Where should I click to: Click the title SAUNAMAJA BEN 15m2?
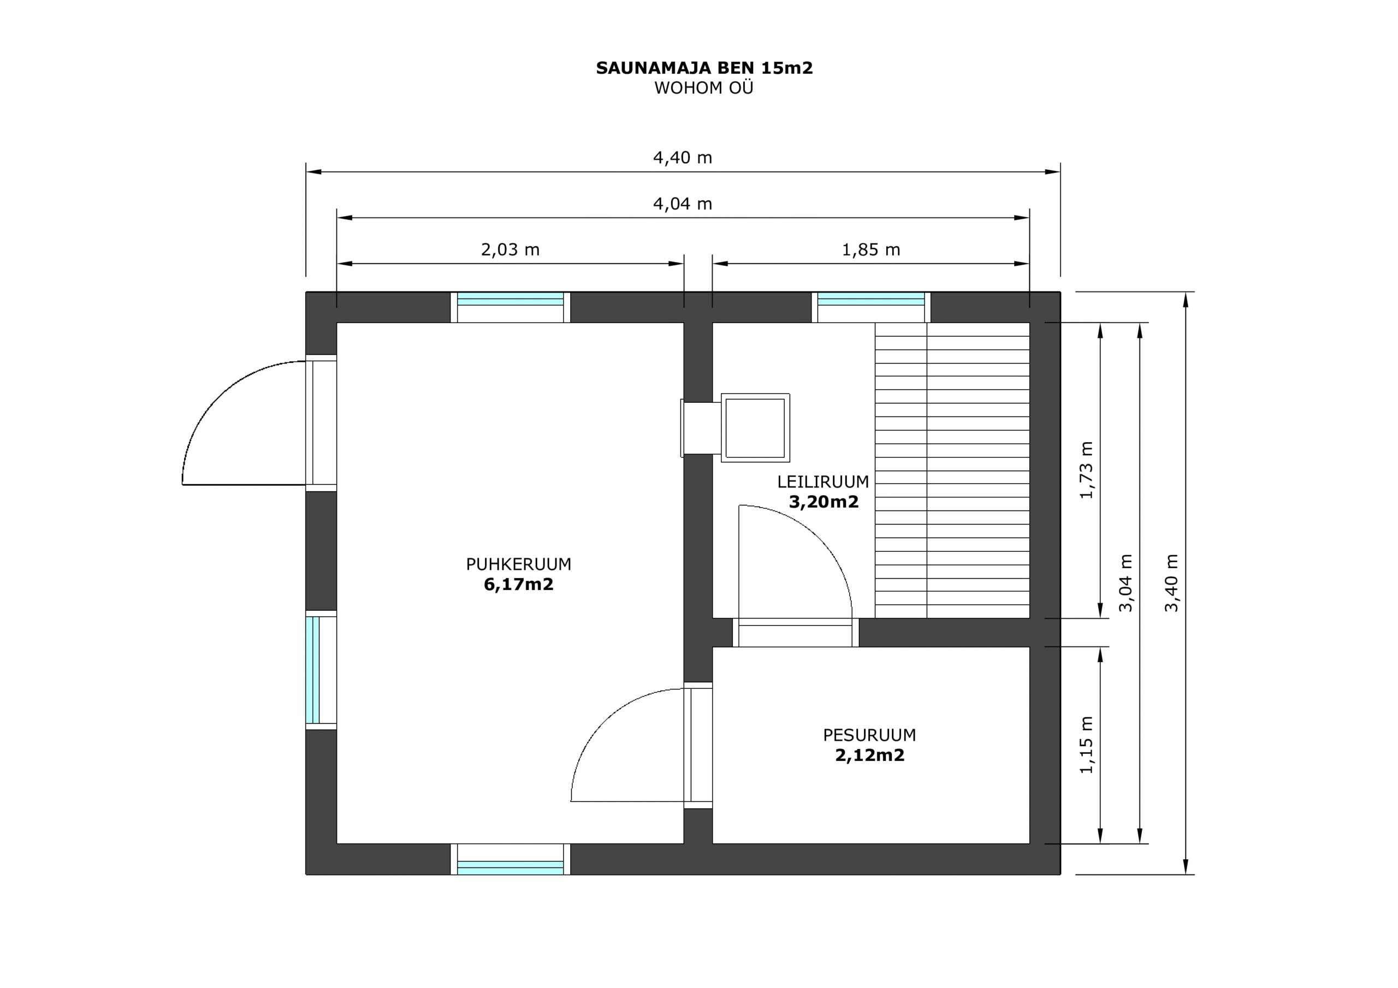704,68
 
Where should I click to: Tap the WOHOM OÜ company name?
704,88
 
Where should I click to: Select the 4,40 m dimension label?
683,158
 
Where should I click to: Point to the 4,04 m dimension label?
683,204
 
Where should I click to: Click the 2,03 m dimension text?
510,249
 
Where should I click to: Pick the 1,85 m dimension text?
870,249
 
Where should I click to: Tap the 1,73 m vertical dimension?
1086,470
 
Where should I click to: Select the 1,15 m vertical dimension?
1086,745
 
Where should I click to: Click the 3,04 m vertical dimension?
1126,582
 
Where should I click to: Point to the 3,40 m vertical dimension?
1171,582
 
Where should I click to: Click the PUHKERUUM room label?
519,564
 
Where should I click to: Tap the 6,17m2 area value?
519,585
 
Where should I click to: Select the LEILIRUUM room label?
823,482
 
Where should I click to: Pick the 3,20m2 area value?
824,502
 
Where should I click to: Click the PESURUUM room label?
869,735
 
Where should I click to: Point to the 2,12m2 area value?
869,755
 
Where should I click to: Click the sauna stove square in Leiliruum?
756,427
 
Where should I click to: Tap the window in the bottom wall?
510,860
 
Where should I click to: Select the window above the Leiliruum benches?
870,307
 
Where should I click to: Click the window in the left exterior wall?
321,670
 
